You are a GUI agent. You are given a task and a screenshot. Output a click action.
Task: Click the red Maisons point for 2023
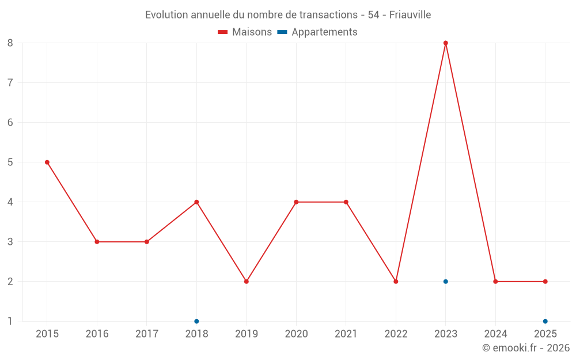tap(446, 43)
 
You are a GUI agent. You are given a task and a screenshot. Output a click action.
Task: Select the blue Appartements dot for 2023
tap(446, 282)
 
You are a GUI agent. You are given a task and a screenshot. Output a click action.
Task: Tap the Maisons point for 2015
tap(47, 162)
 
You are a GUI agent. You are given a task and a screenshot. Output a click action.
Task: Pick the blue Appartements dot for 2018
tap(196, 321)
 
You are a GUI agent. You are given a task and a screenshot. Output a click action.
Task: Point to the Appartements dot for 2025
tap(545, 321)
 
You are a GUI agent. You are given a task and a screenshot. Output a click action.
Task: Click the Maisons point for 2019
tap(247, 282)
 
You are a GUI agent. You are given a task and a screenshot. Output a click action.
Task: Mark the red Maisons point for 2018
tap(196, 202)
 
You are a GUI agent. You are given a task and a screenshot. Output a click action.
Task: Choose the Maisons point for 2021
tap(346, 202)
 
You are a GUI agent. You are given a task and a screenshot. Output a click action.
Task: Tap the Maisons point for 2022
tap(396, 282)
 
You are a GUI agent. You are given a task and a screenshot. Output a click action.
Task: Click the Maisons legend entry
tap(245, 32)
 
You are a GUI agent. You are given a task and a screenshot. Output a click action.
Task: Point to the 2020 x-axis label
tap(296, 334)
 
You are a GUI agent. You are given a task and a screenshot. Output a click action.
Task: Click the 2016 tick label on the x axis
tap(97, 334)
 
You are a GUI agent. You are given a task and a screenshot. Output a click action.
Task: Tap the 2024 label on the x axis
tap(495, 334)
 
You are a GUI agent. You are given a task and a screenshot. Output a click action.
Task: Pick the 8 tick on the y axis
tap(10, 43)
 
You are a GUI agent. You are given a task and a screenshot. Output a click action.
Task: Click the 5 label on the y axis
tap(10, 162)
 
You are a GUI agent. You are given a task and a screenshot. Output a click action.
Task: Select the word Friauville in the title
tap(410, 14)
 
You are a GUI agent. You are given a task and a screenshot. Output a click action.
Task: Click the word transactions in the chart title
tap(327, 14)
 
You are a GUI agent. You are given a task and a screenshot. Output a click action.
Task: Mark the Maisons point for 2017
tap(147, 242)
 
